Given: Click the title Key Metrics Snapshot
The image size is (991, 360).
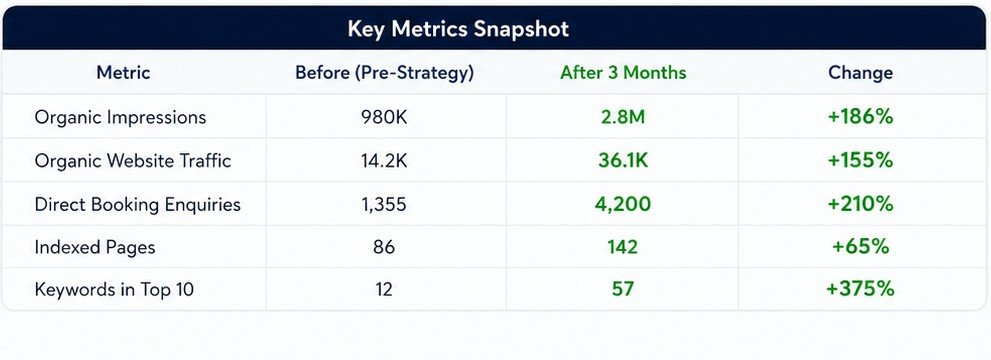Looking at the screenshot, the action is (x=458, y=29).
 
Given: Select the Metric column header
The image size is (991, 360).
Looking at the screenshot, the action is (x=123, y=73).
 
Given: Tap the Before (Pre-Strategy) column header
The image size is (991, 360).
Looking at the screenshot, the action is (x=384, y=73).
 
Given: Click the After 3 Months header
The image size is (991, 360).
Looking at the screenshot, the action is (x=623, y=73).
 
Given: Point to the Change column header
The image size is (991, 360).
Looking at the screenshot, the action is (x=860, y=73).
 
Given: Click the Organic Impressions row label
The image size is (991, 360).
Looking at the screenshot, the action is (x=120, y=117).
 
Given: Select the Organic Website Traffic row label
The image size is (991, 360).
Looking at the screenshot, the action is (x=133, y=160).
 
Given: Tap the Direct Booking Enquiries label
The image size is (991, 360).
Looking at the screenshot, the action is (x=138, y=204).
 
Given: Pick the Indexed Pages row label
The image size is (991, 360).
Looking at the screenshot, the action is (x=95, y=247).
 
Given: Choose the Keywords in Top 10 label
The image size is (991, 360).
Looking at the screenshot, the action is (x=114, y=289).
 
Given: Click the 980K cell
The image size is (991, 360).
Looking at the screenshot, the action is (x=384, y=117).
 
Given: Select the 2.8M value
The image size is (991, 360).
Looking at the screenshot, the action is (x=623, y=117).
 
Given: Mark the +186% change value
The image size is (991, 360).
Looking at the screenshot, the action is (x=860, y=117).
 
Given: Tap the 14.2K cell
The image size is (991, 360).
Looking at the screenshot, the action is (x=384, y=160).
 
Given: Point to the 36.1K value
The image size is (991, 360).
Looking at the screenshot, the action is (x=623, y=160).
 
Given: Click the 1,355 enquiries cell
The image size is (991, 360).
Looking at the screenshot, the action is (x=384, y=204).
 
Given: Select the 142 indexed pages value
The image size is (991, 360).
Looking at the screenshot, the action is (x=623, y=246).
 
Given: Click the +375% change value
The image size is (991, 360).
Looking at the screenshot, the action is (x=860, y=289).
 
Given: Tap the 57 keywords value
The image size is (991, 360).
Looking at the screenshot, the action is (x=623, y=289).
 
